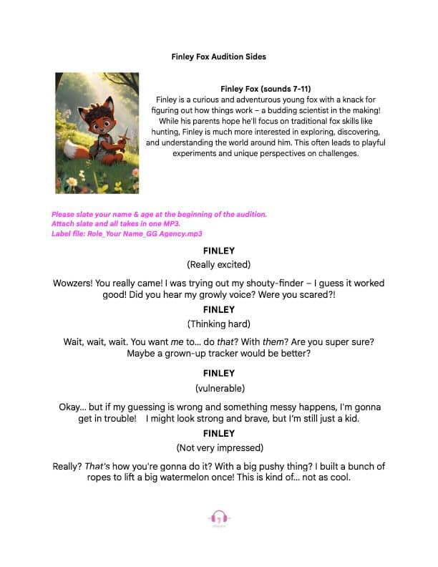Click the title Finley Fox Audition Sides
coord(219,56)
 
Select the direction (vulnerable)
coord(219,388)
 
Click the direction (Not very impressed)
coord(219,448)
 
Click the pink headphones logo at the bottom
coord(219,518)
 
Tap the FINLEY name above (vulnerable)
coord(219,373)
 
